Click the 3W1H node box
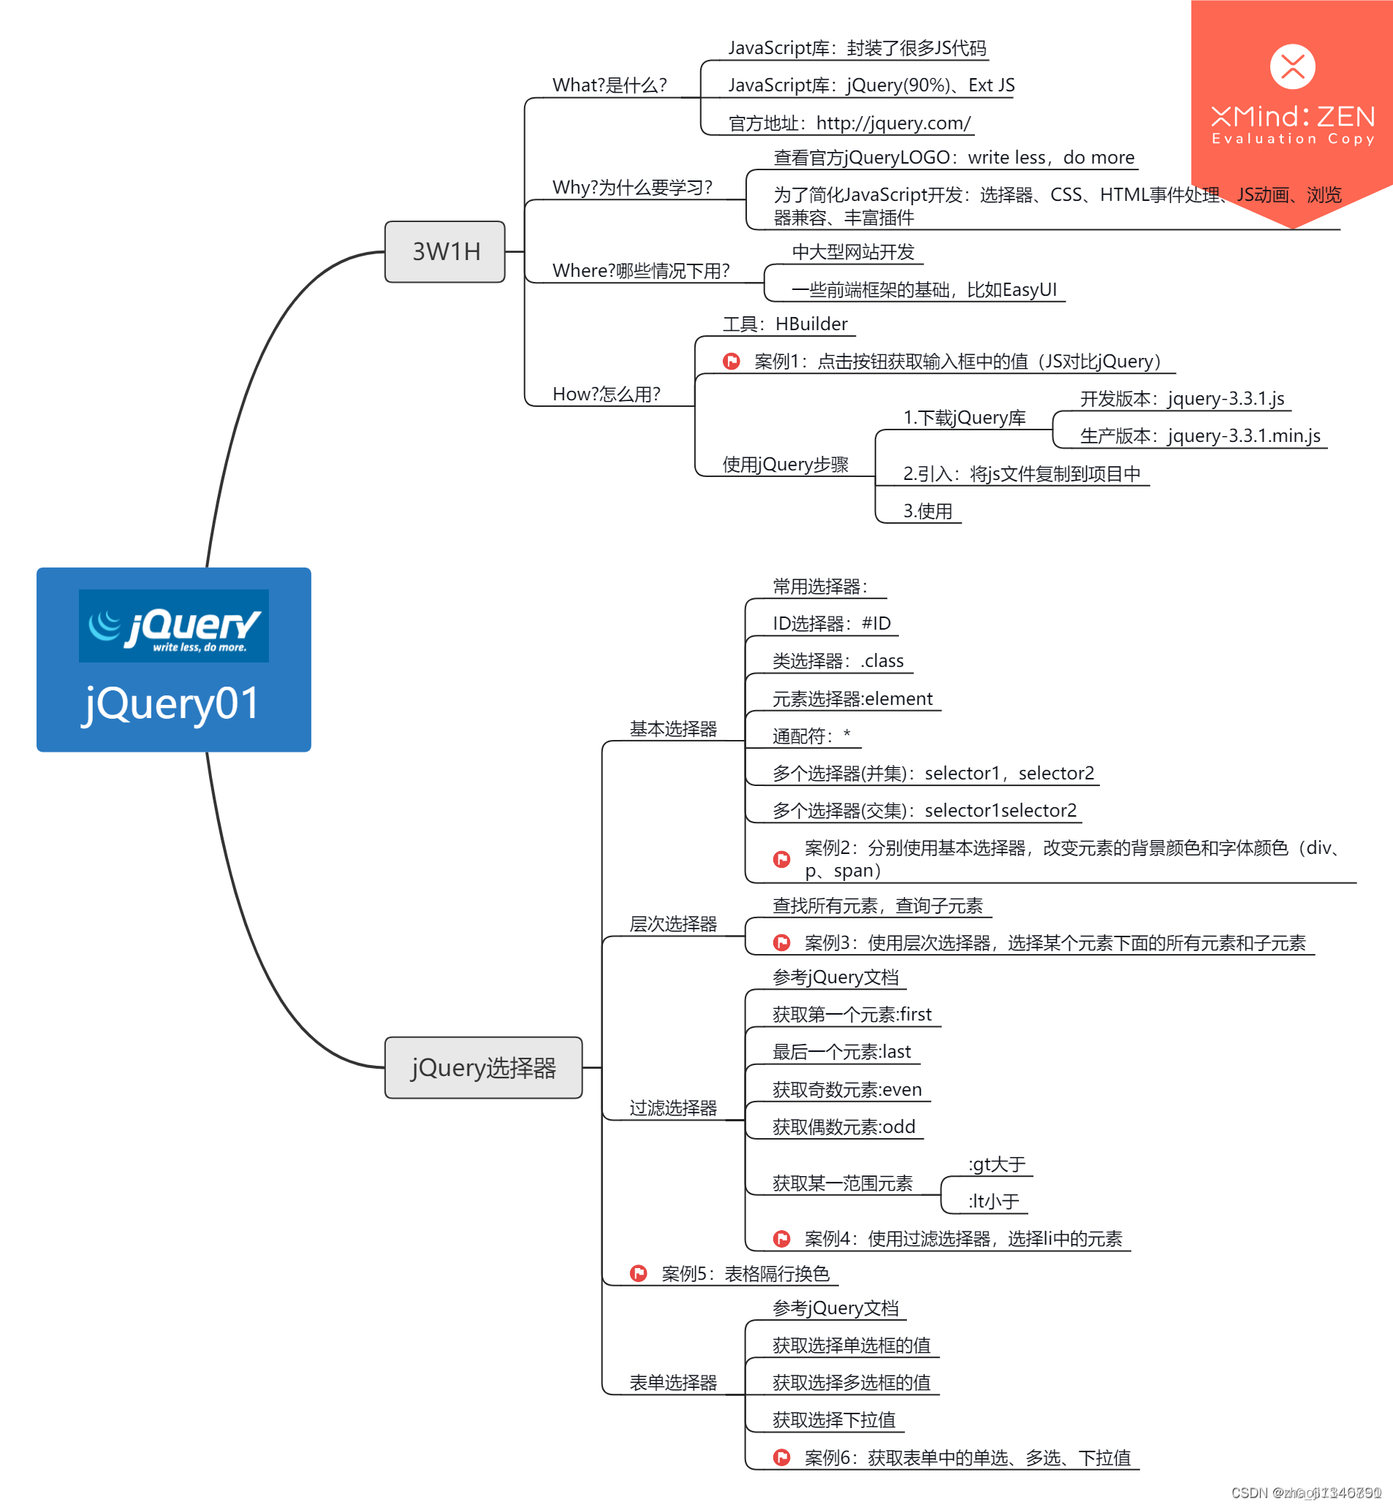[445, 252]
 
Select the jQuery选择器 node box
[483, 1067]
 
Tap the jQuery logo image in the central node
[173, 625]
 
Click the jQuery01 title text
[172, 703]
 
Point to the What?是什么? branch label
[609, 85]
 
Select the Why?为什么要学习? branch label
[631, 187]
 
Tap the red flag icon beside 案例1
[731, 362]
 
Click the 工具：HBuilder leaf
[785, 324]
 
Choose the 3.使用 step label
[927, 511]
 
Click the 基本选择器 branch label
[673, 728]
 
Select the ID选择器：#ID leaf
[831, 623]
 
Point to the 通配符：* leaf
[811, 736]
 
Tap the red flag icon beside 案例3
[782, 942]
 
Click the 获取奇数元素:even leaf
[846, 1089]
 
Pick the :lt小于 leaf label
[993, 1201]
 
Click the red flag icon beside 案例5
[639, 1273]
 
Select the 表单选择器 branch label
[673, 1383]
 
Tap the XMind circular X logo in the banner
[1292, 66]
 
